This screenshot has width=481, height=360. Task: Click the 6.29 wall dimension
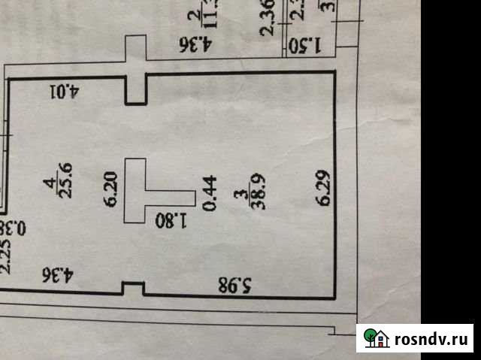pyautogui.click(x=324, y=189)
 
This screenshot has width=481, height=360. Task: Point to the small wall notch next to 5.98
pyautogui.click(x=132, y=288)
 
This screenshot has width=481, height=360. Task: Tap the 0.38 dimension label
pyautogui.click(x=6, y=225)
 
